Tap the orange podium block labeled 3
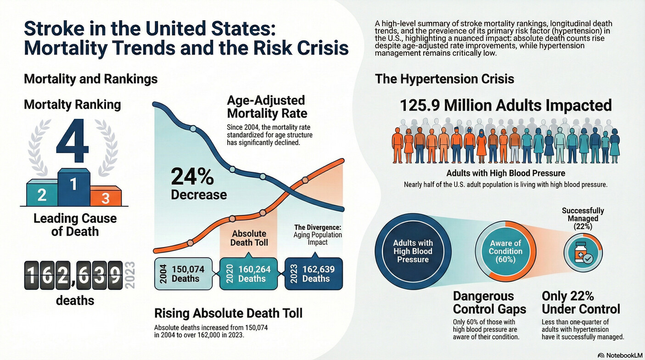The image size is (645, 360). [x=106, y=197]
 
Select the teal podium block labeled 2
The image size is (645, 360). [x=42, y=194]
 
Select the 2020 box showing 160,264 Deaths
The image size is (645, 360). [x=249, y=274]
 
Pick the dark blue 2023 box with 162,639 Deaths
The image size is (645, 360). [x=314, y=274]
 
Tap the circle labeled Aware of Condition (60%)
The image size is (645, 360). [x=505, y=251]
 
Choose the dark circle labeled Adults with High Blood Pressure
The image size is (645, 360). [x=413, y=251]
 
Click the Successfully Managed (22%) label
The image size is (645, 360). [x=583, y=218]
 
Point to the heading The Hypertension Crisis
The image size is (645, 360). [x=444, y=79]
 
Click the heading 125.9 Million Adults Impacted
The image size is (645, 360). [x=505, y=105]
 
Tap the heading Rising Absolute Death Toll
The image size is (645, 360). [x=228, y=313]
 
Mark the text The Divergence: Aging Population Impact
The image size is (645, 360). [x=318, y=234]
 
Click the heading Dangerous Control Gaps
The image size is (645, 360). [x=489, y=302]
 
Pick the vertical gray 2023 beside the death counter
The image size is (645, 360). [x=130, y=275]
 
